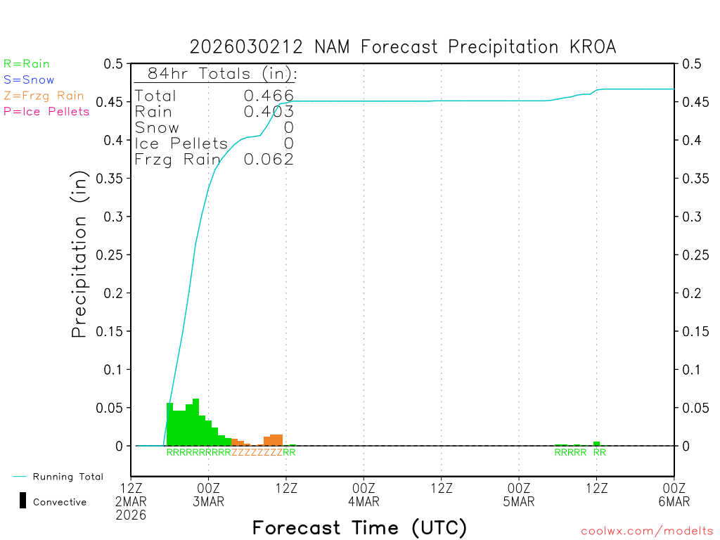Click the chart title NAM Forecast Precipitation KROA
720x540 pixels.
click(x=402, y=47)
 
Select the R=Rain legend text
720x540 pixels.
click(x=27, y=64)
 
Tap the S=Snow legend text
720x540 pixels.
click(x=29, y=80)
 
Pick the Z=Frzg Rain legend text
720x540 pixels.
click(x=44, y=96)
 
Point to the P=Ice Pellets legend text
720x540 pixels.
click(x=46, y=111)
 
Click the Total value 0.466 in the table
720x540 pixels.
click(x=269, y=96)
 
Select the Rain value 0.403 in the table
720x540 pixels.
click(x=269, y=112)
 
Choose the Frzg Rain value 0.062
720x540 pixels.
click(x=269, y=160)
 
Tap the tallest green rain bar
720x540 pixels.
click(x=195, y=422)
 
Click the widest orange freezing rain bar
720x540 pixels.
click(x=276, y=440)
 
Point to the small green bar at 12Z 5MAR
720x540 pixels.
click(x=596, y=444)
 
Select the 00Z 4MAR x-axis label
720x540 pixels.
click(x=364, y=494)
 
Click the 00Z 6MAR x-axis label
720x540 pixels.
click(x=674, y=494)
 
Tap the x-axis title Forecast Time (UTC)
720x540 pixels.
click(x=359, y=527)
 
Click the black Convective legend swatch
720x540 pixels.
click(x=23, y=501)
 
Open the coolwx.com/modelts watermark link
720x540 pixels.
click(x=647, y=532)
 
